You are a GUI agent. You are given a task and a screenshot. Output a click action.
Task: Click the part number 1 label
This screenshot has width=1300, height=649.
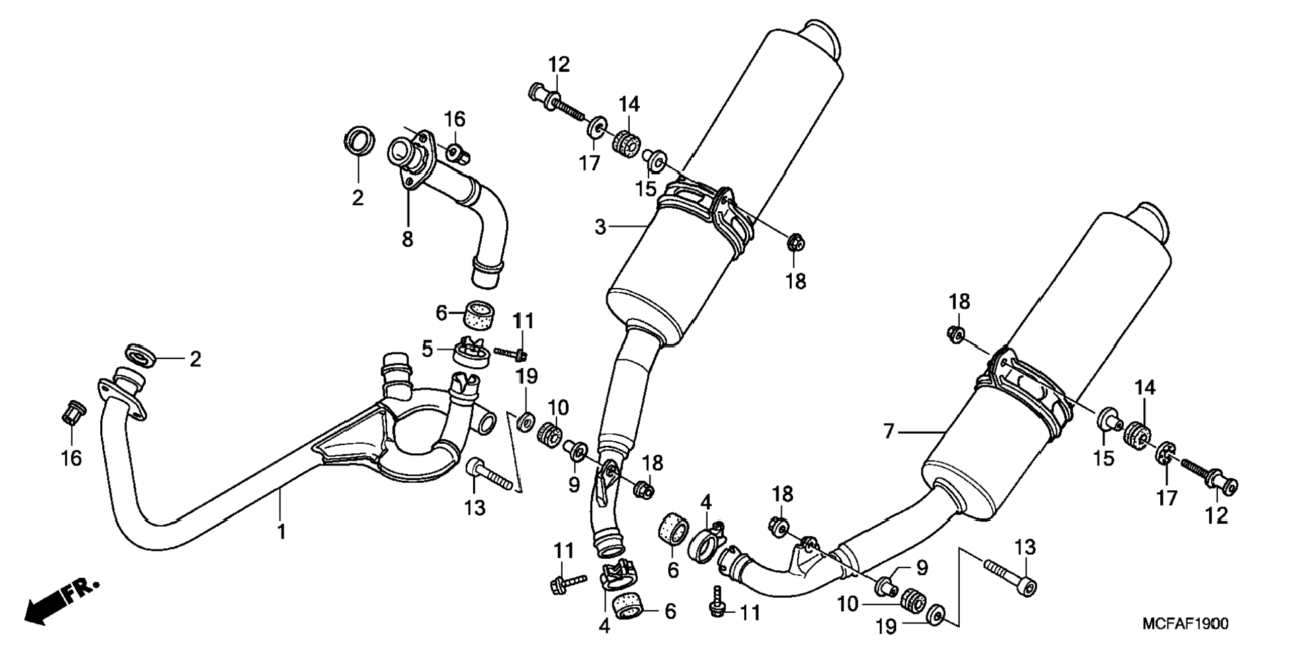282,531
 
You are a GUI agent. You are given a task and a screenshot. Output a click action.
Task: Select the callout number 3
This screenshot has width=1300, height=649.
600,227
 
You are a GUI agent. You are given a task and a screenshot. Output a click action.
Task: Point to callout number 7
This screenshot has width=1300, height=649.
889,430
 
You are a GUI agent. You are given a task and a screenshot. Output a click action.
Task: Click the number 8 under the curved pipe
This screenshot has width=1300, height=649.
407,239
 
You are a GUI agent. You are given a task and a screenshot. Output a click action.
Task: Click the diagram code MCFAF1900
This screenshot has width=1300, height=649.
1185,624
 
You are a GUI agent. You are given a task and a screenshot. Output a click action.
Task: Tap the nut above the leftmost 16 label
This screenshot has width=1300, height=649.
72,412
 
